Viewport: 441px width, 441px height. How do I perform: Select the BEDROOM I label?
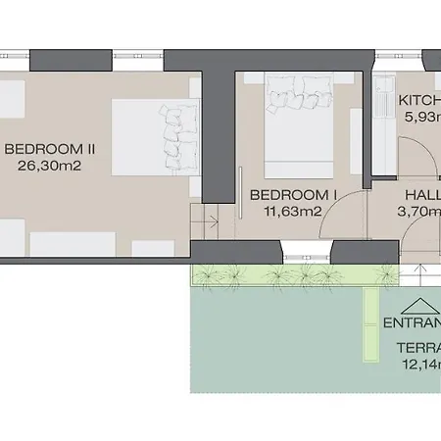click(294, 194)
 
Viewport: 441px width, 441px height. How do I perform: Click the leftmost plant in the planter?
click(209, 277)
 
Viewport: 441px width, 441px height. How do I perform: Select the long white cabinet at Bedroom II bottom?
click(73, 243)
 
